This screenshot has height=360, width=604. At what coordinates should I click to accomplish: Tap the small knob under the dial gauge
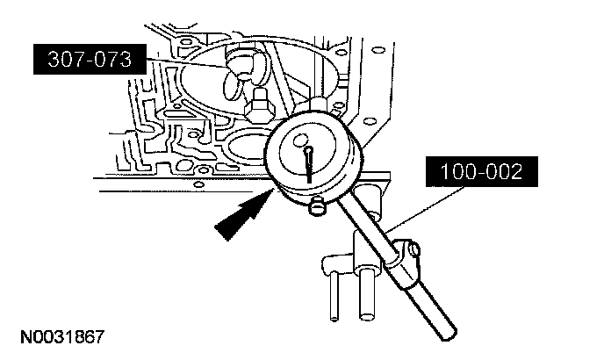pos(315,207)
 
